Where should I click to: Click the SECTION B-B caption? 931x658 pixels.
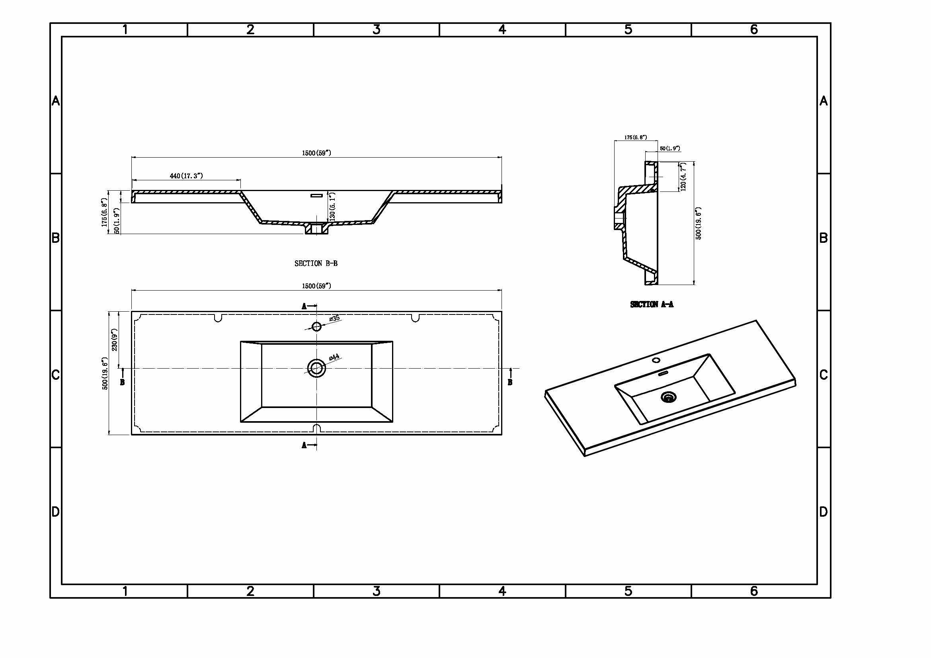click(x=316, y=264)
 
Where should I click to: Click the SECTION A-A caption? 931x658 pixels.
click(x=652, y=305)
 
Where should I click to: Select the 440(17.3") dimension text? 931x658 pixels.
click(x=186, y=176)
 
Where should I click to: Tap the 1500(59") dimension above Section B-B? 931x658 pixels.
click(x=316, y=153)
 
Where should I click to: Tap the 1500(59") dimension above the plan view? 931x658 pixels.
click(x=316, y=286)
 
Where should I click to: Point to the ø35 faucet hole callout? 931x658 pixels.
click(x=334, y=319)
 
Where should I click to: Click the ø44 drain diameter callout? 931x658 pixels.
click(x=334, y=357)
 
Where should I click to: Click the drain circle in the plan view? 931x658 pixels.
click(x=316, y=368)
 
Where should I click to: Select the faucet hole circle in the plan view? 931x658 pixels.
click(x=316, y=326)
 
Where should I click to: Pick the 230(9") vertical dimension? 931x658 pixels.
click(x=115, y=340)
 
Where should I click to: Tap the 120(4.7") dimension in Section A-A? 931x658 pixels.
click(x=683, y=177)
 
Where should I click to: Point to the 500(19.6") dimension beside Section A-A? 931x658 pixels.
click(x=698, y=224)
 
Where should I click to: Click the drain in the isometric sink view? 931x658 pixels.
click(x=669, y=397)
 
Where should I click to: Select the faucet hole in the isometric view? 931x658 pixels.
click(x=656, y=360)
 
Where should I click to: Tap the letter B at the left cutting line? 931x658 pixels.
click(x=123, y=382)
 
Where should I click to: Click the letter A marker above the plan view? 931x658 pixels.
click(x=304, y=307)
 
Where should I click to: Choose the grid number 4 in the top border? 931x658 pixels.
click(x=502, y=29)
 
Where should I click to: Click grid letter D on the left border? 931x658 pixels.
click(x=56, y=512)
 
